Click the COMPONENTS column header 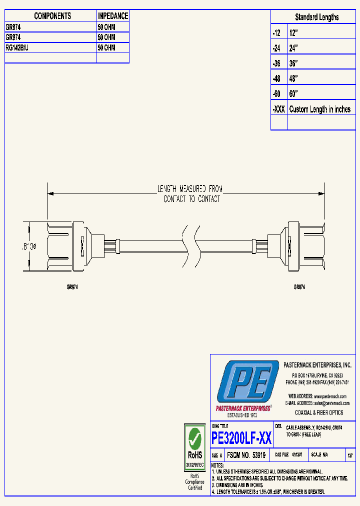(52, 16)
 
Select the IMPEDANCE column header (112, 16)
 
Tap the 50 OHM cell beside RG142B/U (106, 48)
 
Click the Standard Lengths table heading (316, 17)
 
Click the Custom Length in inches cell (319, 109)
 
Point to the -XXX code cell (278, 109)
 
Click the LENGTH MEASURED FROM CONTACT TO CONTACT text (189, 194)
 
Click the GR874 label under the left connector (72, 287)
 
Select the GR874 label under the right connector (299, 287)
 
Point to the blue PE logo (247, 382)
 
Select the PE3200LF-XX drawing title (241, 438)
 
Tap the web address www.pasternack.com (330, 396)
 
